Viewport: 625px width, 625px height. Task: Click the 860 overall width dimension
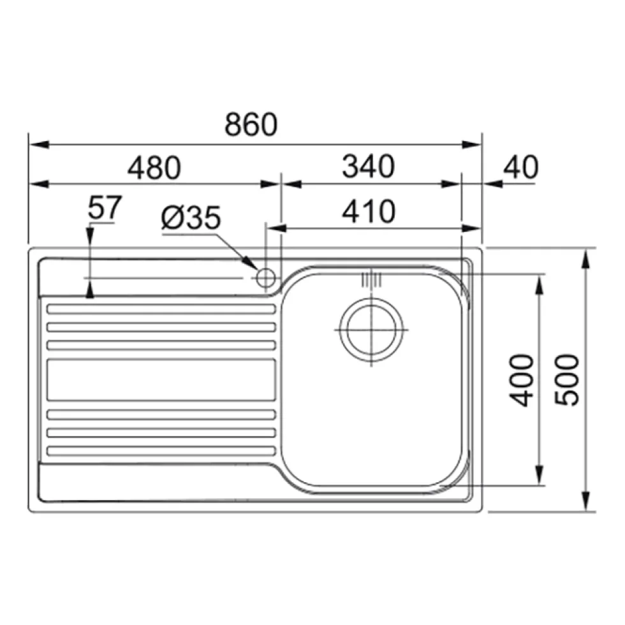(x=251, y=124)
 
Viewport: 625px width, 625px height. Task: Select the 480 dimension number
(x=154, y=168)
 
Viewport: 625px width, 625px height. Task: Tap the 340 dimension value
(x=369, y=166)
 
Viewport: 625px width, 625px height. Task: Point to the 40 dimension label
(x=520, y=166)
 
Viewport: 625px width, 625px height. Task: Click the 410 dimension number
(x=369, y=211)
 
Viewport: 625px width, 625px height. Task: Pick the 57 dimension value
(x=105, y=207)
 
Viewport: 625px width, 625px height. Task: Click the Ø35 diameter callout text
(x=191, y=217)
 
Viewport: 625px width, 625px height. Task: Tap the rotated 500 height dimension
(x=567, y=380)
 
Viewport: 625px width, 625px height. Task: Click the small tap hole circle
(x=266, y=277)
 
